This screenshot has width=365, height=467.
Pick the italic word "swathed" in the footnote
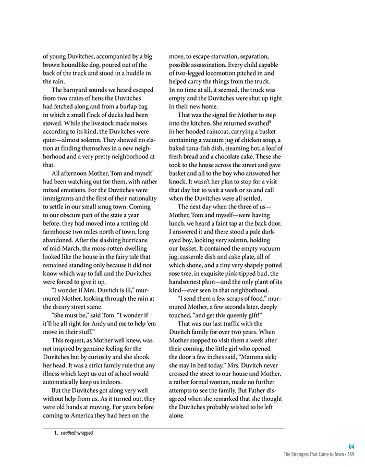(68, 433)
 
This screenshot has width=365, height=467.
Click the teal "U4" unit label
(351, 446)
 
